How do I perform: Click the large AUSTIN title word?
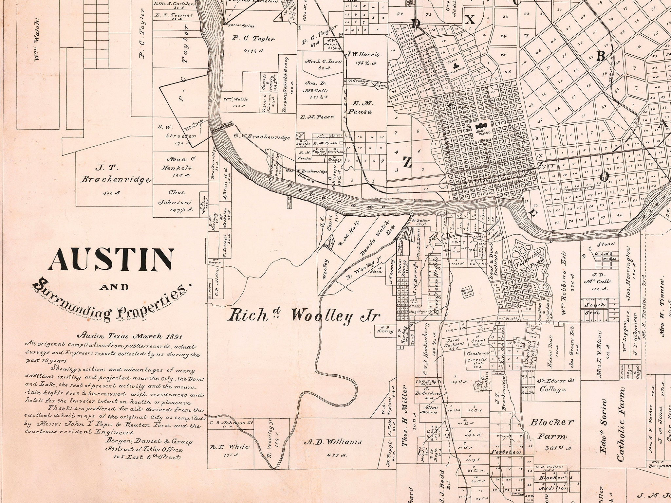pos(111,259)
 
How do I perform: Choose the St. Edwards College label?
pos(553,385)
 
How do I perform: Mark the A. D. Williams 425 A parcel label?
pos(333,442)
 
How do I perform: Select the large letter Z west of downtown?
pos(407,162)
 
